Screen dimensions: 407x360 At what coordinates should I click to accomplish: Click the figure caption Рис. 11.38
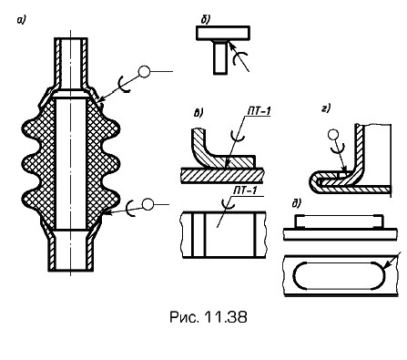[x=209, y=317]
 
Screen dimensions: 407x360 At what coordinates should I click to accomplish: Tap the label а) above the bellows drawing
[x=22, y=20]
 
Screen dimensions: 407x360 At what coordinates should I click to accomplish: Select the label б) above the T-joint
[x=206, y=20]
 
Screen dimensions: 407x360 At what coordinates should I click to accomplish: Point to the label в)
[x=198, y=113]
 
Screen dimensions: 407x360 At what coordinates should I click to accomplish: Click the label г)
[x=326, y=108]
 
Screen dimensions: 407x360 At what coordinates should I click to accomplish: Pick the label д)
[x=296, y=203]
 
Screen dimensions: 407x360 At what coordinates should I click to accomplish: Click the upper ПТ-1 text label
[x=259, y=111]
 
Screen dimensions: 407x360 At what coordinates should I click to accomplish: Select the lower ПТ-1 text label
[x=245, y=191]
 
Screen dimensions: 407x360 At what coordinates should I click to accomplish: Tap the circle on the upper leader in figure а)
[x=144, y=72]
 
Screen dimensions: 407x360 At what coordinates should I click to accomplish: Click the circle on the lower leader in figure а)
[x=148, y=204]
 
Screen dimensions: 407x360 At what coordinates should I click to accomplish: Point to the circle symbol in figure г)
[x=333, y=135]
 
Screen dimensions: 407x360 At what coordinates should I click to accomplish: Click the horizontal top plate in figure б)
[x=223, y=33]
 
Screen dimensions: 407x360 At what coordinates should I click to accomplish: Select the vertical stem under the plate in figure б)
[x=220, y=57]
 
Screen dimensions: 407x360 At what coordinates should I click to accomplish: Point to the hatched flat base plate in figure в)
[x=222, y=176]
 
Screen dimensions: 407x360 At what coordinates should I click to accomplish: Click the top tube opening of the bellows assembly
[x=71, y=40]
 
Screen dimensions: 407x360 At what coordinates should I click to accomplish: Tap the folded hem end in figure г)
[x=314, y=181]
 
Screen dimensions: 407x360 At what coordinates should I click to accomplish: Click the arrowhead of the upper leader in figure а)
[x=103, y=99]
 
